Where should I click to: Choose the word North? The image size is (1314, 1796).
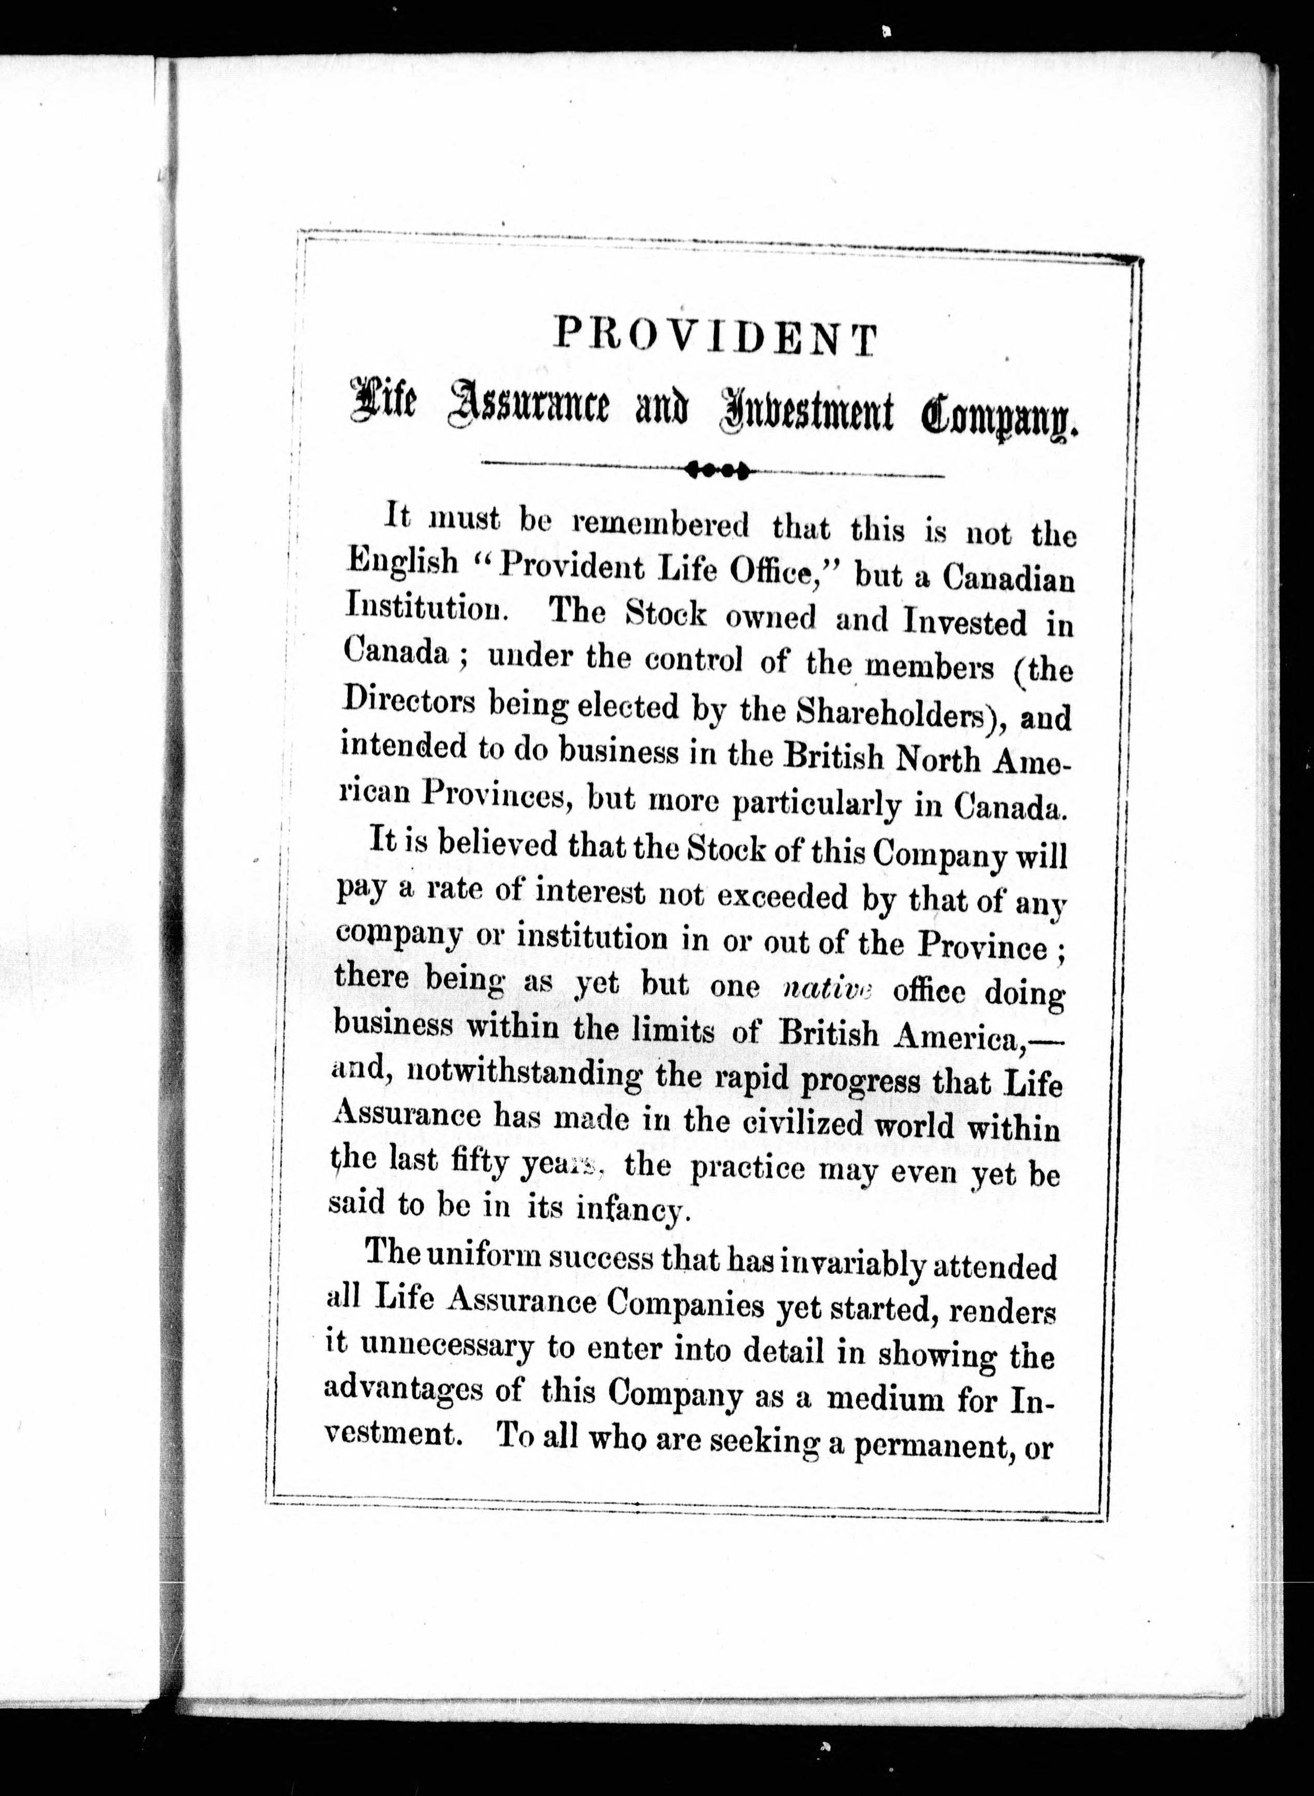[939, 759]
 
